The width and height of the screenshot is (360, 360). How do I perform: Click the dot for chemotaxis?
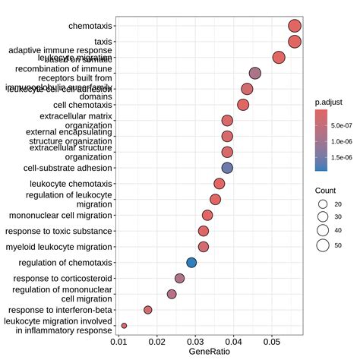295,27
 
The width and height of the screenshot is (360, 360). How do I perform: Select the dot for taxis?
295,42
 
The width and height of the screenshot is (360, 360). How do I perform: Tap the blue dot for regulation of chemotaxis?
191,263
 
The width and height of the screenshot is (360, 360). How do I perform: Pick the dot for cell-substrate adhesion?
227,168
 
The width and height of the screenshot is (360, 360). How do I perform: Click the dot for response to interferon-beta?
148,310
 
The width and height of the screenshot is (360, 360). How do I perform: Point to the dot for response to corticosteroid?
180,279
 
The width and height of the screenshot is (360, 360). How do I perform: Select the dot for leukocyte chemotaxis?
219,184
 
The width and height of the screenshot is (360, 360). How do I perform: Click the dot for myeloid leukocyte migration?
204,247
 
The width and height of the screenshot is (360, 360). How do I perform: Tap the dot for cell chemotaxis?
243,105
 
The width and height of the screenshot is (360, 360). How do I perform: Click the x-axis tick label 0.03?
195,342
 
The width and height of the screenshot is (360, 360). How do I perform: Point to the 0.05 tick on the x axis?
272,342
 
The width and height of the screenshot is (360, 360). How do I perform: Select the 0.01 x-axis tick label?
118,342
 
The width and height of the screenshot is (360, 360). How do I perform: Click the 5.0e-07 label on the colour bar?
346,124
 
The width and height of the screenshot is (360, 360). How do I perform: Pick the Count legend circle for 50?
323,245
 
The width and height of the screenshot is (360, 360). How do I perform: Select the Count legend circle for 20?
323,204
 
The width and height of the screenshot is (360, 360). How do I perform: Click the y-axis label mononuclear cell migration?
61,216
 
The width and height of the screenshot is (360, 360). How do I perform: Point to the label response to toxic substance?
58,231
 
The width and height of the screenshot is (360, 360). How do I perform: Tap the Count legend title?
327,190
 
